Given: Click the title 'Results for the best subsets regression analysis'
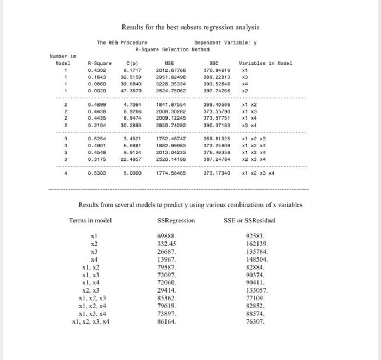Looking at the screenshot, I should coord(190,27).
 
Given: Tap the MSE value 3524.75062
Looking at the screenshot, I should coord(171,91).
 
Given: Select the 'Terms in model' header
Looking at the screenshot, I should coord(90,220).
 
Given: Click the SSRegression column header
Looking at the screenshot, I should coord(176,220).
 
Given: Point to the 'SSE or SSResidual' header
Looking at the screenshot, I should coord(250,220).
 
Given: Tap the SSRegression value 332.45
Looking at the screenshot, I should coord(167,245).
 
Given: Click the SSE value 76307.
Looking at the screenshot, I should coord(256,321).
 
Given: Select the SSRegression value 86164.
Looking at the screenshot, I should coord(167,321).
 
